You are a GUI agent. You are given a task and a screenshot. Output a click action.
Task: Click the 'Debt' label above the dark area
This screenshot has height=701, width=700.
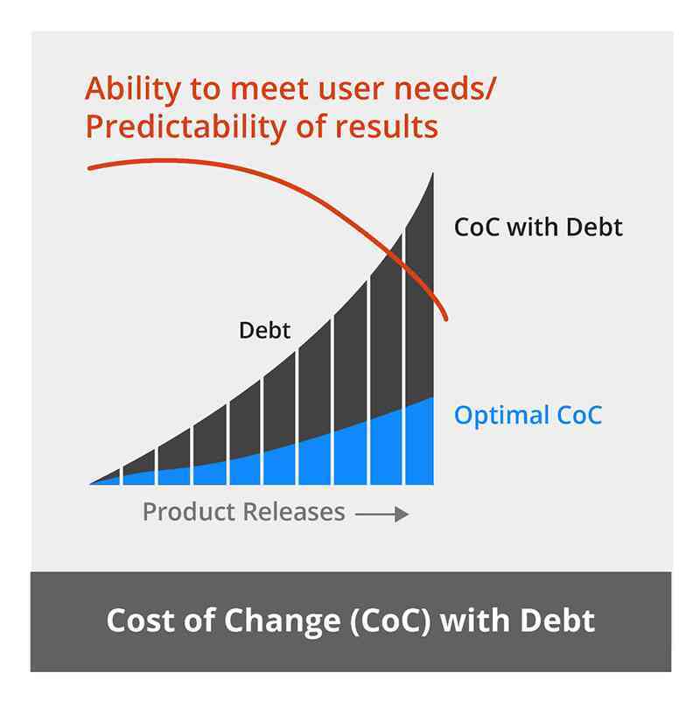point(264,332)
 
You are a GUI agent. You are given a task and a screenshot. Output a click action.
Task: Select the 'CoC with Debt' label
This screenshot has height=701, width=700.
point(538,228)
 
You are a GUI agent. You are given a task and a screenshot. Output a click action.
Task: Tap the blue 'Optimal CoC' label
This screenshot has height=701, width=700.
point(528,415)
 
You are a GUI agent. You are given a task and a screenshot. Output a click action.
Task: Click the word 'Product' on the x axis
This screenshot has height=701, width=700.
point(183,511)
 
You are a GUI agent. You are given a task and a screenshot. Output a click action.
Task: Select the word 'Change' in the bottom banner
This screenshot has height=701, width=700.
point(273,620)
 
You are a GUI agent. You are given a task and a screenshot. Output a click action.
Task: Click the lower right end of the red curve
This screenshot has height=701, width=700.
point(448,319)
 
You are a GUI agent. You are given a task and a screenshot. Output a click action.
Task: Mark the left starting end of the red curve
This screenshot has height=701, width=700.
point(89,166)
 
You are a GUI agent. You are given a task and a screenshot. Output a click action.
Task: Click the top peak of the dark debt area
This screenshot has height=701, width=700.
point(434,175)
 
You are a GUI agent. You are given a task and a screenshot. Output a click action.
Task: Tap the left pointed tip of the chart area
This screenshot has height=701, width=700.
point(91,482)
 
